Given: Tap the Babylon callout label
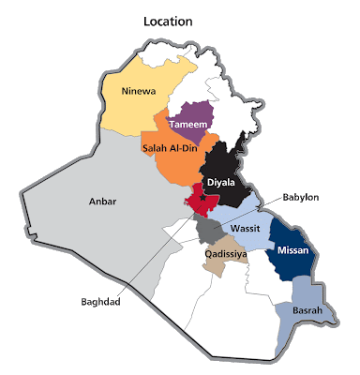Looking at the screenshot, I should [301, 198].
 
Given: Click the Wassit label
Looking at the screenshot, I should [246, 228].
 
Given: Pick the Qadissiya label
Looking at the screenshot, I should [225, 251].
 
